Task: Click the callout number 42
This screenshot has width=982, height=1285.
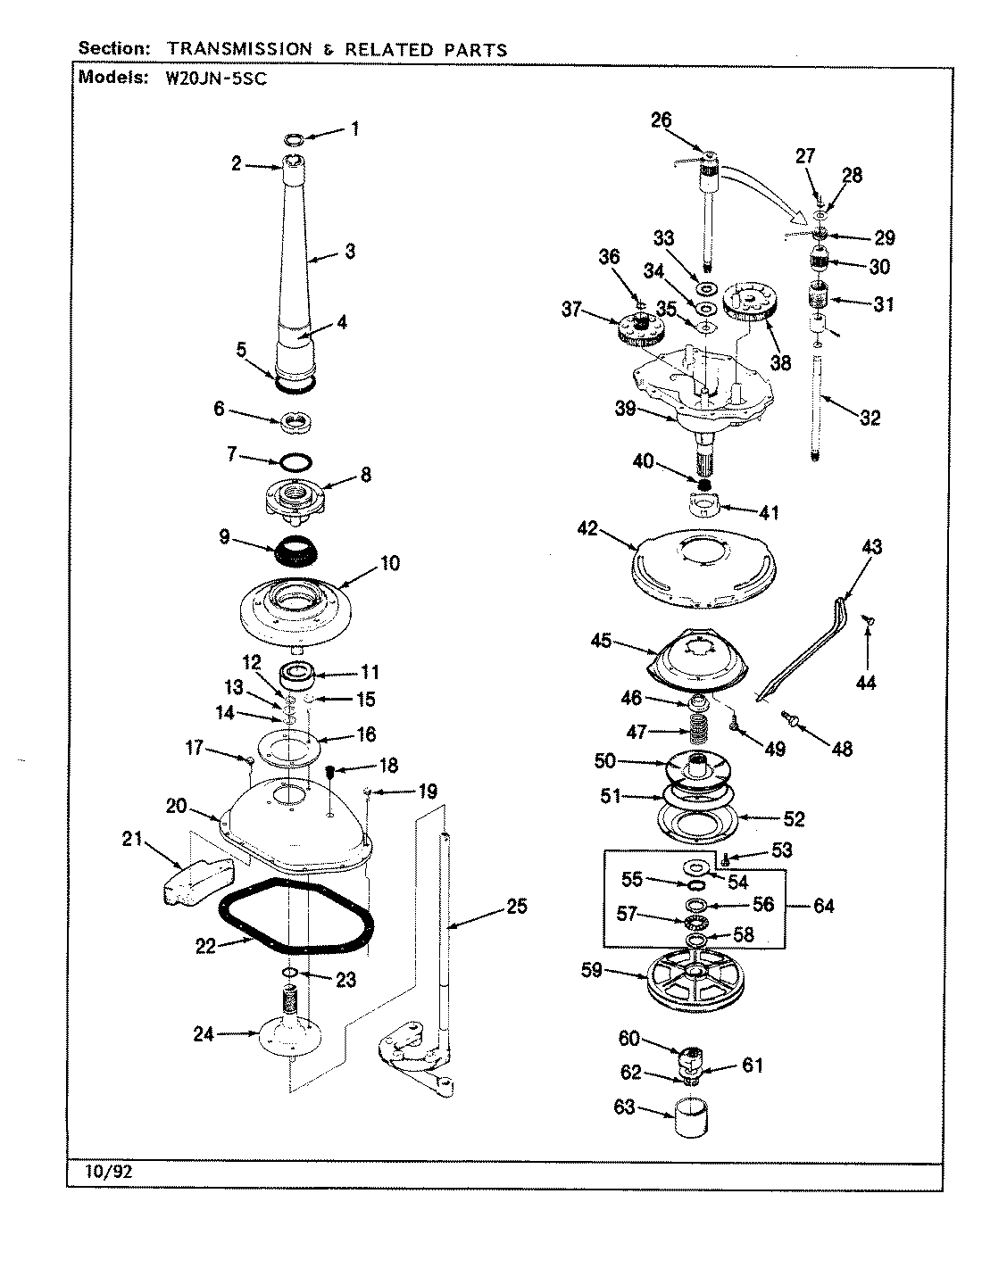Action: coord(587,528)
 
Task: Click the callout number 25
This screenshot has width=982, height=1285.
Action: coord(516,907)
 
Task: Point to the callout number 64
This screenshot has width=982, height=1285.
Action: coord(822,906)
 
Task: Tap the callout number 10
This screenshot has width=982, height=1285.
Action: coord(389,563)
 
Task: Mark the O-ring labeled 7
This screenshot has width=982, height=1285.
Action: coord(295,462)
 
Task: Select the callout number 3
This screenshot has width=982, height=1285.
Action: coord(349,252)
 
